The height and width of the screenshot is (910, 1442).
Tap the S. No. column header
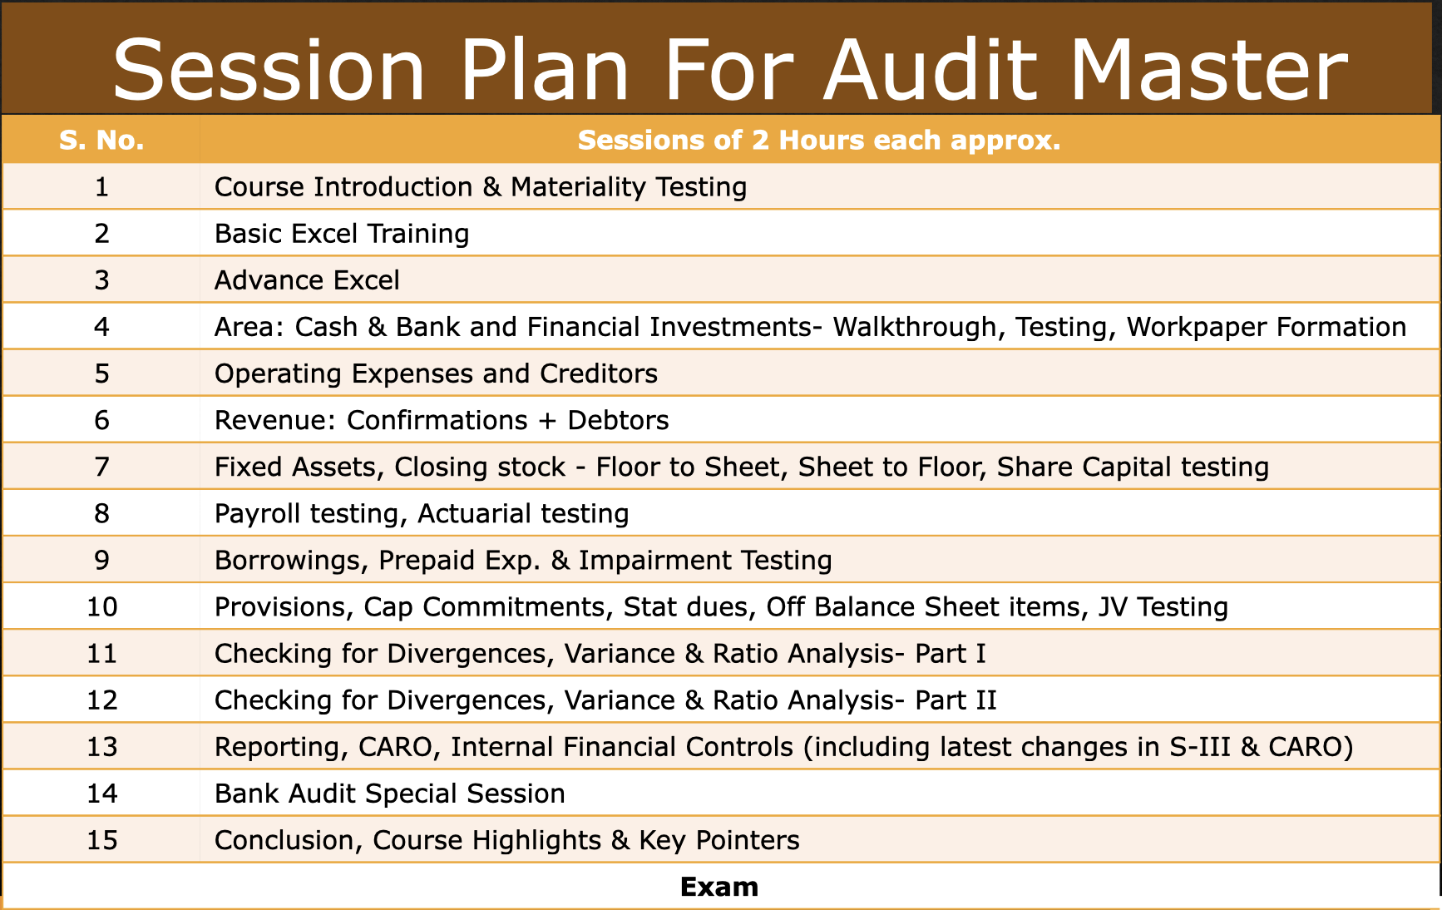click(x=101, y=140)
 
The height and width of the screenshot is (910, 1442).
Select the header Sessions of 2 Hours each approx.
click(x=819, y=140)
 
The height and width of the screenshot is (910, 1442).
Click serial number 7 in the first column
click(x=101, y=467)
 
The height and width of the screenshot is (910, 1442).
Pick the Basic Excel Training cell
click(x=342, y=234)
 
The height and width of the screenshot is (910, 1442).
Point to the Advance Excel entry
click(x=307, y=280)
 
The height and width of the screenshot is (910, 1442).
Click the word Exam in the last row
click(x=719, y=887)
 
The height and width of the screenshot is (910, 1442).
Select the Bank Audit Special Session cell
click(x=389, y=794)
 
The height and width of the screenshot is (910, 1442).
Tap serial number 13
click(x=101, y=747)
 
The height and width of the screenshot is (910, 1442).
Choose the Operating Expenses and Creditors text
click(x=436, y=373)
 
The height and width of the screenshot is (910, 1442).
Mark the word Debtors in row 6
click(x=618, y=420)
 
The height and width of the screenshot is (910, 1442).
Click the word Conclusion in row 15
click(x=284, y=840)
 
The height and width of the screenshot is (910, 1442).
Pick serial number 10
click(x=101, y=607)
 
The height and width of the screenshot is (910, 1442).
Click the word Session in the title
click(x=269, y=71)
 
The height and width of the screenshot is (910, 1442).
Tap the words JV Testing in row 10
click(x=1163, y=607)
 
